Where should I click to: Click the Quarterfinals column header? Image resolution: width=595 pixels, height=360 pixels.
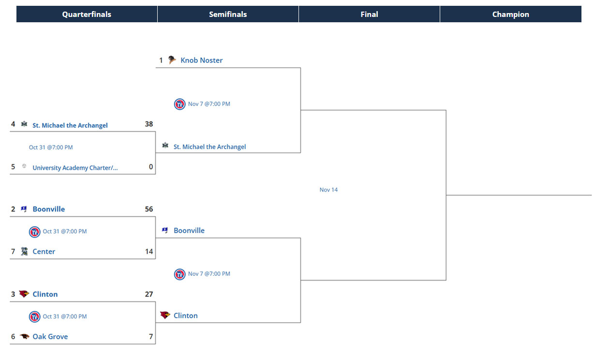coord(87,15)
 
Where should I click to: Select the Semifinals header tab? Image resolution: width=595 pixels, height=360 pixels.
coord(228,15)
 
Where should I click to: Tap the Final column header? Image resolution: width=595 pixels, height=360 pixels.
coord(369,15)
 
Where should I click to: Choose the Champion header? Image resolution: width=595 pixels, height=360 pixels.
coord(510,15)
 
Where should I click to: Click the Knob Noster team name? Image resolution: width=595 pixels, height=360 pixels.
coord(201,60)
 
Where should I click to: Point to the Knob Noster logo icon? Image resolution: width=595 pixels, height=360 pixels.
coord(172,60)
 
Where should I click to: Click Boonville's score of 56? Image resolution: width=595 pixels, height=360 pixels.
coord(149,209)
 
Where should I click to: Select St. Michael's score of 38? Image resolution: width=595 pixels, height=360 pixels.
coord(149,124)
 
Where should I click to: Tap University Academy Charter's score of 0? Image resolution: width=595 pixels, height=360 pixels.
coord(150,167)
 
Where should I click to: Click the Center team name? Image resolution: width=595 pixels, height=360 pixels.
coord(44,252)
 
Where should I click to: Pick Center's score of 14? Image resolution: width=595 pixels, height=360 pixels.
coord(149,252)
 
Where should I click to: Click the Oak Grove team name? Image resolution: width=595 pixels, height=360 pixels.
coord(50,337)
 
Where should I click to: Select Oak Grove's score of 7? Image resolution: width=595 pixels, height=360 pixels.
coord(150,337)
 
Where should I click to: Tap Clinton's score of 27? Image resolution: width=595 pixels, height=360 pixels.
coord(149,294)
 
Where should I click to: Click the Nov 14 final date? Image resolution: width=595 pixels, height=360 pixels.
coord(328,190)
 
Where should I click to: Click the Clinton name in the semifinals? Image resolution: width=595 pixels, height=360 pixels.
coord(185,315)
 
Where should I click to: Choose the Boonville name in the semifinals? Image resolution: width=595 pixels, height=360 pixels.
coord(189,231)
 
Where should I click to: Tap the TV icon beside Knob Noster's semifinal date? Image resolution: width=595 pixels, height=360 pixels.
coord(179,104)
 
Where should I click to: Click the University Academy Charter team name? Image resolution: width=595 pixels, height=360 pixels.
coord(75,168)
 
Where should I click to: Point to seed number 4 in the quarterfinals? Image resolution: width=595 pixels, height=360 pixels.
coord(13,124)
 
